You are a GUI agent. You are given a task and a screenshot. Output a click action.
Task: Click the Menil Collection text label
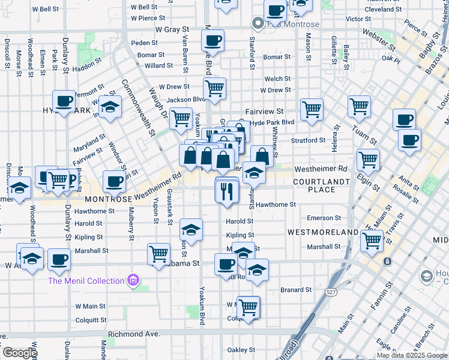tap(86, 281)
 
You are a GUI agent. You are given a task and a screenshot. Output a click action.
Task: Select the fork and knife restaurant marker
tap(227, 192)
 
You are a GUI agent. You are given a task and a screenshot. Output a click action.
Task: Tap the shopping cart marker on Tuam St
tap(359, 107)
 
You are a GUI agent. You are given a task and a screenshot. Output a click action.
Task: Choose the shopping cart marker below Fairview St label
tap(312, 110)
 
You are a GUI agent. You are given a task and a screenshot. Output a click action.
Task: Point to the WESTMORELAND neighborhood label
tap(323, 232)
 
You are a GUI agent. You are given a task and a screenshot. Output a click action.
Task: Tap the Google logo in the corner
tap(19, 353)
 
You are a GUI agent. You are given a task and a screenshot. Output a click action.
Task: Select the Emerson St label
tap(324, 218)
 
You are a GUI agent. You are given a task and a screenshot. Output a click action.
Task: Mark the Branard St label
tap(296, 290)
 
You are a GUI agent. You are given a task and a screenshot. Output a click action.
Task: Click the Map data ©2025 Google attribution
tap(412, 355)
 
